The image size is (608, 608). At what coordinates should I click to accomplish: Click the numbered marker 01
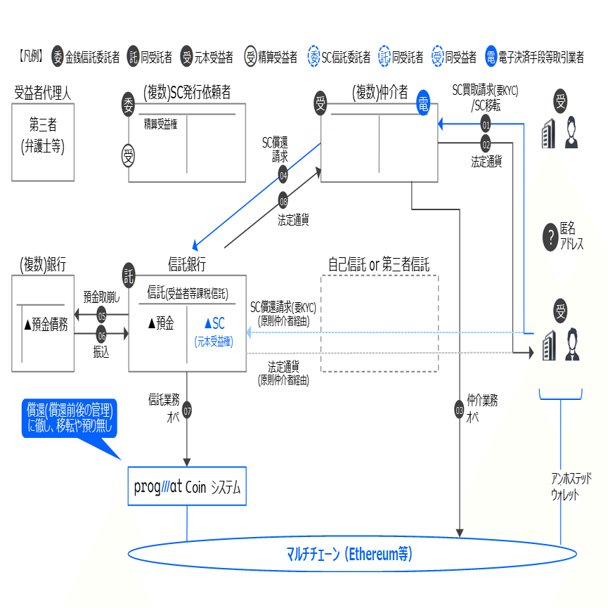click(x=486, y=124)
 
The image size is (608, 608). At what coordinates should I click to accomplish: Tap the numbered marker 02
click(x=486, y=145)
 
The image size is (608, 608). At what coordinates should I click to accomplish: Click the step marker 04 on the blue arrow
click(x=283, y=174)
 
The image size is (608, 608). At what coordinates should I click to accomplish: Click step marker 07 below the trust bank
click(x=187, y=410)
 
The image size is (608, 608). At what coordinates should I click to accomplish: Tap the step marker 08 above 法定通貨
click(x=283, y=199)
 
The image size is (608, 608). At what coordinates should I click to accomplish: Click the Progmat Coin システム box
click(x=187, y=486)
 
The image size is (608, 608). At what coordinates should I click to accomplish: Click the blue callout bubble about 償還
click(x=70, y=419)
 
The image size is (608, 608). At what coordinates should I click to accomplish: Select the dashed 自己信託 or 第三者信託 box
click(x=380, y=323)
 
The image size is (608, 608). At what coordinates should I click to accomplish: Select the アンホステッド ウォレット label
click(x=571, y=486)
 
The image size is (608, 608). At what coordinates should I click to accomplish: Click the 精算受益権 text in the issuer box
click(x=160, y=124)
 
